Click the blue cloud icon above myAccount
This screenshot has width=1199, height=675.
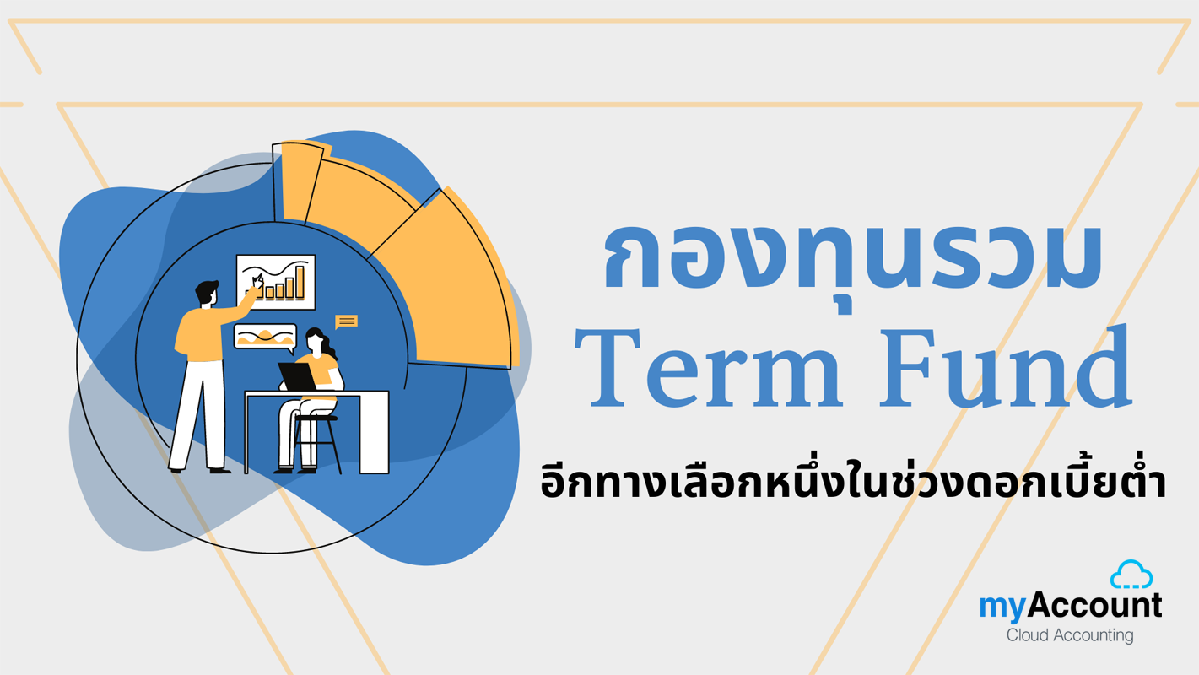pyautogui.click(x=1131, y=575)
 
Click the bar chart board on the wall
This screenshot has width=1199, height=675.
pyautogui.click(x=276, y=282)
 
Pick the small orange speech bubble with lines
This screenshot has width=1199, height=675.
pyautogui.click(x=346, y=321)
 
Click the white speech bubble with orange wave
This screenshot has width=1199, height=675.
pyautogui.click(x=265, y=337)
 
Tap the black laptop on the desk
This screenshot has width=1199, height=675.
pyautogui.click(x=297, y=377)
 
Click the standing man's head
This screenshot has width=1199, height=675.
pyautogui.click(x=208, y=293)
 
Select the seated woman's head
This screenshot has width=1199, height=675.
pyautogui.click(x=316, y=340)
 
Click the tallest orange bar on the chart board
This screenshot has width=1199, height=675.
pyautogui.click(x=300, y=282)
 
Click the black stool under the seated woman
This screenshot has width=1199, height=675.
pyautogui.click(x=317, y=441)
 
